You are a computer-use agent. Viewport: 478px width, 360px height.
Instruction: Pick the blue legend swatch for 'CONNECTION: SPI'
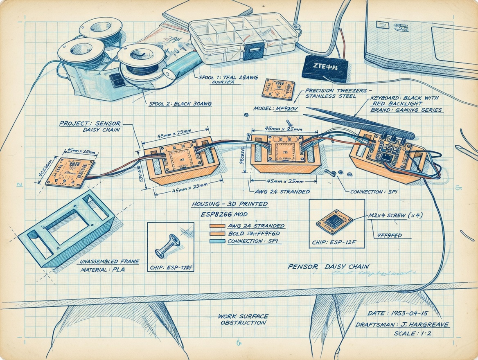click(217, 241)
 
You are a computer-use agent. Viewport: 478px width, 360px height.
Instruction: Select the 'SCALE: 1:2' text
click(413, 333)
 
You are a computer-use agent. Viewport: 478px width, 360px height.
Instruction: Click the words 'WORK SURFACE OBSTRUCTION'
click(243, 319)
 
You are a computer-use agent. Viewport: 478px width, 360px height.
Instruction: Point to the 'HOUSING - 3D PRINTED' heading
click(230, 204)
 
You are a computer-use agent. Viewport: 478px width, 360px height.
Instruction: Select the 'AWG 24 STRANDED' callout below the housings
click(282, 191)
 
